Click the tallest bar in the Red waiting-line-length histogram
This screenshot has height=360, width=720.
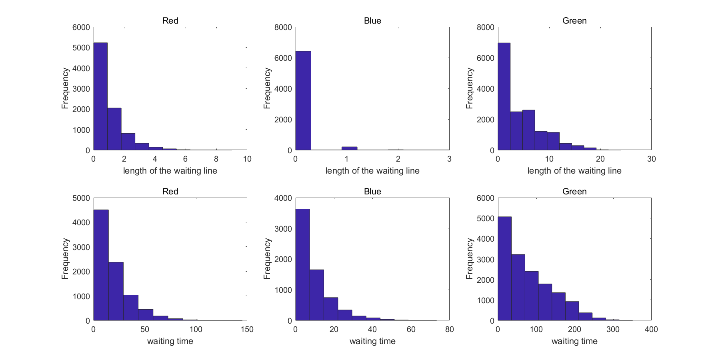coord(100,96)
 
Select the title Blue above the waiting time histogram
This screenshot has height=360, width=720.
coord(372,192)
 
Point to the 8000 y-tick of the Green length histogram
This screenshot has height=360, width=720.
coord(486,27)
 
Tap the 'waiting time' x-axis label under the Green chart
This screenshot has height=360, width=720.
coord(574,341)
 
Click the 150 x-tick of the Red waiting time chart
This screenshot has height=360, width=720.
coord(247,329)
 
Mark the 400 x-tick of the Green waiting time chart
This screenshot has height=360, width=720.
coord(651,329)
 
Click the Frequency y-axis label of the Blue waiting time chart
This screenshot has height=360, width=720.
coord(267,259)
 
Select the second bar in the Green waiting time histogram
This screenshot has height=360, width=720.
coord(518,287)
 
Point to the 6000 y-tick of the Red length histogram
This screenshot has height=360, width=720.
coord(81,27)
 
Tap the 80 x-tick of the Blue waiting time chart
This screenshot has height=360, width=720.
coord(449,329)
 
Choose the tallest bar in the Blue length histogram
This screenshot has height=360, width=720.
coord(303,100)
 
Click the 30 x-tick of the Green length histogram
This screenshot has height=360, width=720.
coord(651,159)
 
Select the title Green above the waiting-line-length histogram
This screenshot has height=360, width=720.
coord(574,21)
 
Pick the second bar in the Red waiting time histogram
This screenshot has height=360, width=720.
coord(116,291)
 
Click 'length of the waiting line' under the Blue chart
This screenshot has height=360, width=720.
coord(372,171)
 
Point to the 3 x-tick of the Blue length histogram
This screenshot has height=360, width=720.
coord(449,159)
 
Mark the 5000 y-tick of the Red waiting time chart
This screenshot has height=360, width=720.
coord(81,198)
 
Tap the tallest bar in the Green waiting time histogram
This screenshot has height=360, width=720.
coord(504,268)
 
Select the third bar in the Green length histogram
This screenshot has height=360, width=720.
coord(528,130)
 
